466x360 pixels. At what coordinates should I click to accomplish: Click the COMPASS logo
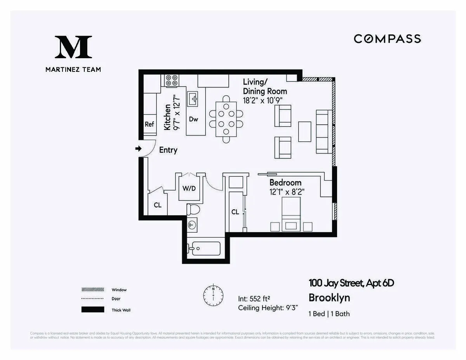[x=387, y=39]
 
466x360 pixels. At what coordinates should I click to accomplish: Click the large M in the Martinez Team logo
[x=73, y=47]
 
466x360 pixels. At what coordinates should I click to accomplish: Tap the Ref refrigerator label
[x=149, y=124]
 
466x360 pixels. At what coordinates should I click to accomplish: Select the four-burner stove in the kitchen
[x=172, y=80]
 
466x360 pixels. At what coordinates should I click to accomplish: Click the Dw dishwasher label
[x=193, y=119]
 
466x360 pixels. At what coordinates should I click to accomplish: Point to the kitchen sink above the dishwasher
[x=193, y=99]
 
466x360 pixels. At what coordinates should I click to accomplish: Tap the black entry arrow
[x=138, y=149]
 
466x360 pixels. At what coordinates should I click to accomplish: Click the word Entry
[x=168, y=150]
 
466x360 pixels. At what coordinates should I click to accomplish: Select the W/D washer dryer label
[x=189, y=188]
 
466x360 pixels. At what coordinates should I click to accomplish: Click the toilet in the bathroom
[x=193, y=209]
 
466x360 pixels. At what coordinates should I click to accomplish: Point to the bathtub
[x=204, y=249]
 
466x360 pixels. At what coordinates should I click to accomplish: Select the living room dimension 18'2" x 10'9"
[x=262, y=100]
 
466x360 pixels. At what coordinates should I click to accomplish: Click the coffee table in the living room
[x=305, y=132]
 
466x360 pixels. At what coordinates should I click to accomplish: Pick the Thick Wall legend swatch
[x=93, y=310]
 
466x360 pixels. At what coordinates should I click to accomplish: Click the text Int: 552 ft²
[x=254, y=299]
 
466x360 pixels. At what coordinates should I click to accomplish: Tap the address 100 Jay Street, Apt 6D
[x=351, y=283]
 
